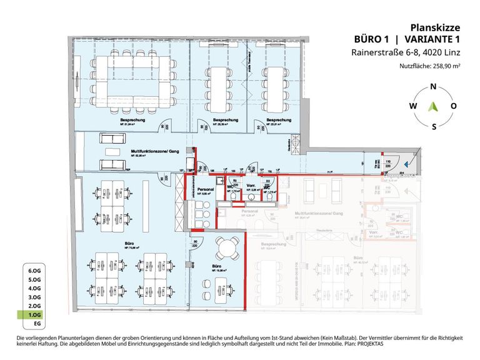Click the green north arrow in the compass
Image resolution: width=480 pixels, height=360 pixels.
click(x=433, y=106)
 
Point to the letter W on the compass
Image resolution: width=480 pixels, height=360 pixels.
click(x=412, y=106)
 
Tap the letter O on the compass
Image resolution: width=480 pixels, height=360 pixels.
click(x=454, y=106)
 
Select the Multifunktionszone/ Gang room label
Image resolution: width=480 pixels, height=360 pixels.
click(x=152, y=151)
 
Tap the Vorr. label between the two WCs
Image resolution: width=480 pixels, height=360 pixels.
click(x=250, y=186)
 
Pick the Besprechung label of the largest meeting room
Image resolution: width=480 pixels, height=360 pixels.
click(x=129, y=119)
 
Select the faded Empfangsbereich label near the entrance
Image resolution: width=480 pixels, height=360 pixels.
click(x=404, y=177)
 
